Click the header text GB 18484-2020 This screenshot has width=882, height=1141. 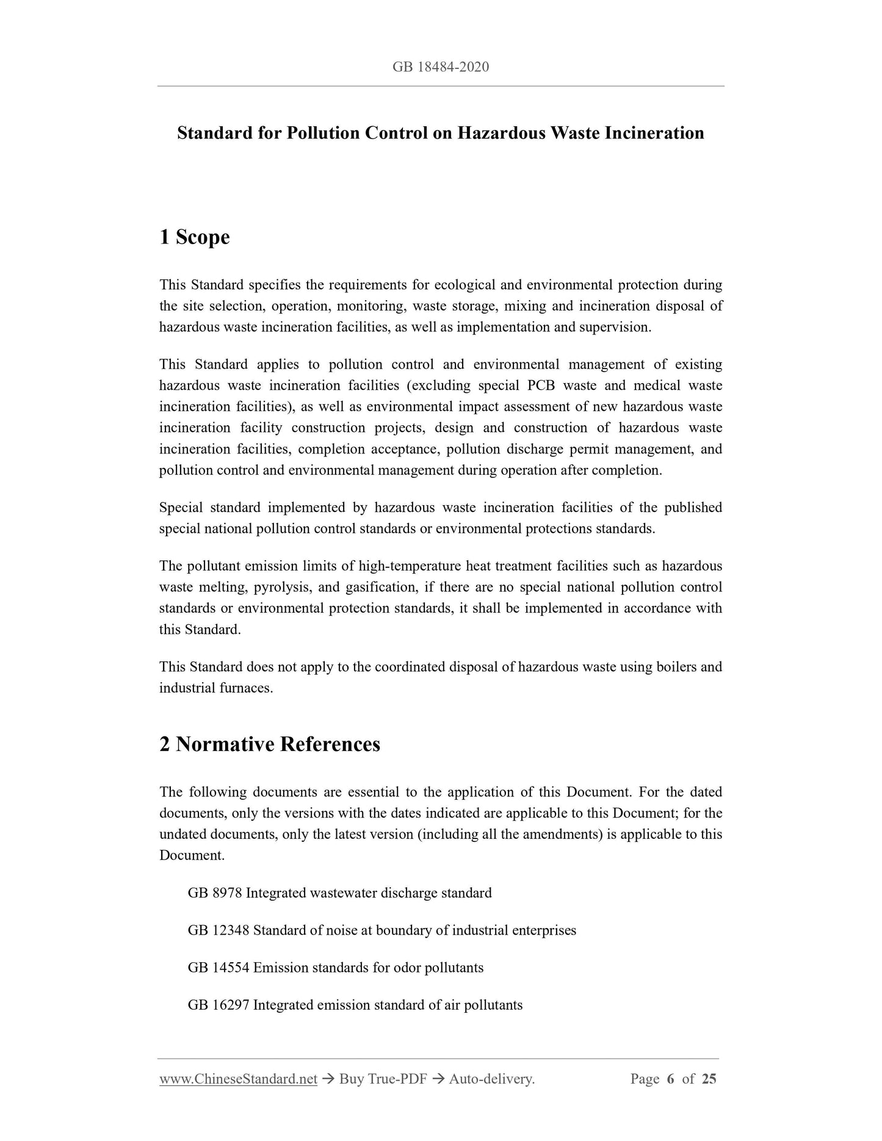click(441, 67)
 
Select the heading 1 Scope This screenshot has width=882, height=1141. click(194, 237)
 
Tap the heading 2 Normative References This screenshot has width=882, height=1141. click(269, 744)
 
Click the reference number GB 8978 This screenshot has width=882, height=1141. click(215, 893)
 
